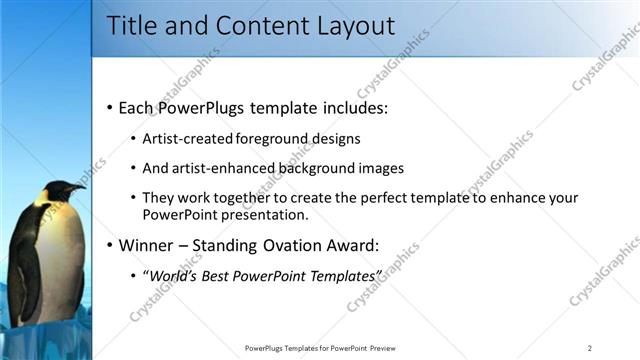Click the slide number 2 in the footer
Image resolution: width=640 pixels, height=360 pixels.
590,348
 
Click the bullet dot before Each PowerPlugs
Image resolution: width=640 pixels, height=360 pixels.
108,107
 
